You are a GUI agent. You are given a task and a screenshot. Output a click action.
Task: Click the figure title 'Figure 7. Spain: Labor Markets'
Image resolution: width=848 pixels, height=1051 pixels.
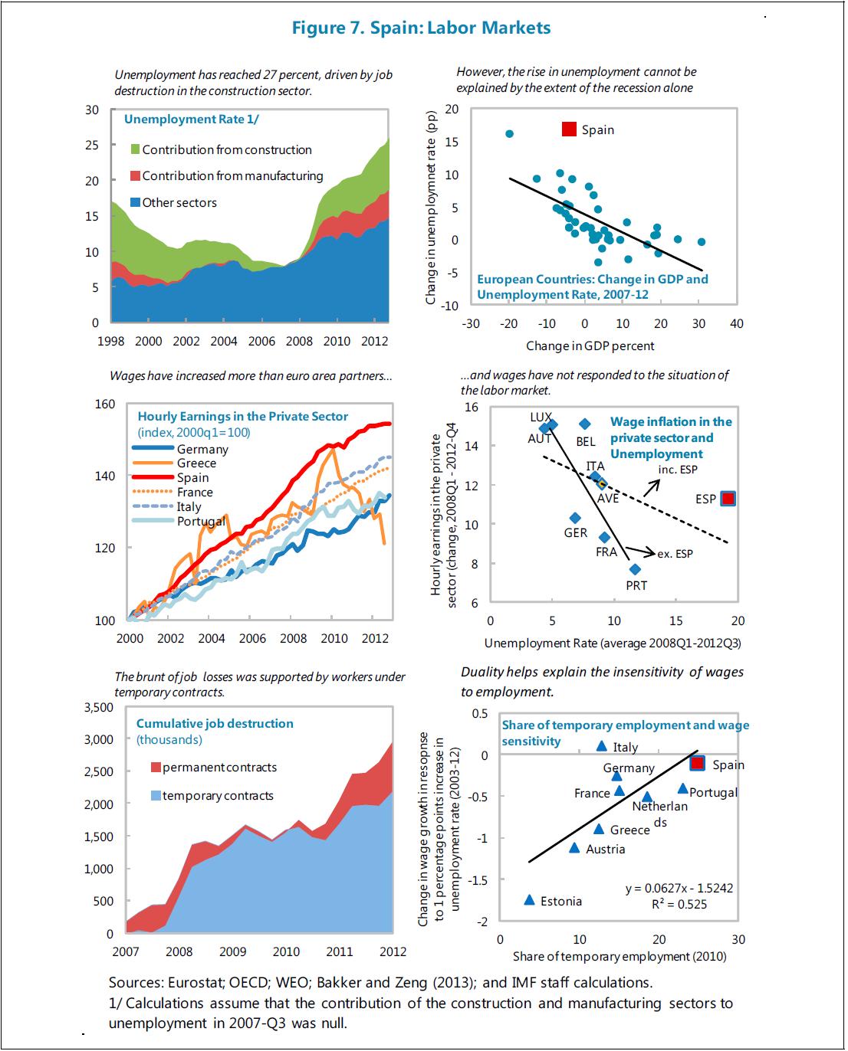click(x=421, y=28)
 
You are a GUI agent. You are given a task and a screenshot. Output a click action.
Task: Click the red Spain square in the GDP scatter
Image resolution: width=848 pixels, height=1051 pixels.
click(x=569, y=129)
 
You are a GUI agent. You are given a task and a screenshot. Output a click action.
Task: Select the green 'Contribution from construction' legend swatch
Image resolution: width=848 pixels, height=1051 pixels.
click(x=136, y=149)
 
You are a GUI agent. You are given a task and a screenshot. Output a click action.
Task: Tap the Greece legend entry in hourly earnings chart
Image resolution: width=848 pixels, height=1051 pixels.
click(x=196, y=463)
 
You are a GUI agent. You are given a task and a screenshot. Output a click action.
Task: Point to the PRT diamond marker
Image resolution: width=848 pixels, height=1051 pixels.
click(x=635, y=569)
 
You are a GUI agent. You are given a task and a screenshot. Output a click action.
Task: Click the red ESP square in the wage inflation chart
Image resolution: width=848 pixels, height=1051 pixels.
click(x=728, y=499)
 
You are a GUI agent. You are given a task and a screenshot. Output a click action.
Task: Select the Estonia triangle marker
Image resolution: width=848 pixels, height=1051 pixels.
click(x=529, y=900)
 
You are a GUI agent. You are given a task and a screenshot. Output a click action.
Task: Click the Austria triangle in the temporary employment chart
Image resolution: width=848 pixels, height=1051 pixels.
click(x=574, y=848)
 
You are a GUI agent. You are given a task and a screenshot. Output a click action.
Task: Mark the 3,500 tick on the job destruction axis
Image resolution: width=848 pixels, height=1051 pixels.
click(x=97, y=707)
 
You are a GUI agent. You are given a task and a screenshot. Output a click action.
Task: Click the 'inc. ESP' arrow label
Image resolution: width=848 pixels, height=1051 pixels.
click(x=678, y=470)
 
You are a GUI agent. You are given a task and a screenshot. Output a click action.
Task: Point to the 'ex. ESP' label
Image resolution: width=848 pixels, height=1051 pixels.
click(x=675, y=554)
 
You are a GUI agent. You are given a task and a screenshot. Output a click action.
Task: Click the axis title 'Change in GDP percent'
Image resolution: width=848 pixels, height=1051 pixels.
click(x=590, y=346)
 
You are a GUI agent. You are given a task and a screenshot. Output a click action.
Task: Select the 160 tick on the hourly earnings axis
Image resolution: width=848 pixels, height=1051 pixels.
click(x=105, y=404)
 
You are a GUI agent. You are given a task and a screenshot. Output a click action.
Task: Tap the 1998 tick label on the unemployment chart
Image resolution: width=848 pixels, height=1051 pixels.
click(x=111, y=342)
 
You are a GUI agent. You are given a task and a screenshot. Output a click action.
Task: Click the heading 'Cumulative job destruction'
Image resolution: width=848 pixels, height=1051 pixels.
click(x=215, y=724)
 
